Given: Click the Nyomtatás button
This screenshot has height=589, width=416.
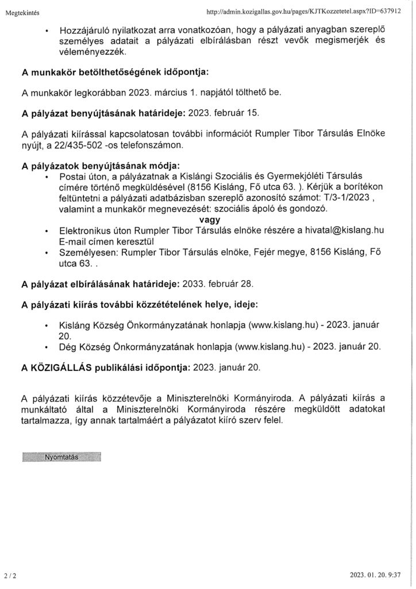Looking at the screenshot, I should tap(61, 457).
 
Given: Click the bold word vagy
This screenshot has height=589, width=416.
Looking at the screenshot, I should tap(210, 219).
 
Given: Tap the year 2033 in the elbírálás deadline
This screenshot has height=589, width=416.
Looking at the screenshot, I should tap(194, 284).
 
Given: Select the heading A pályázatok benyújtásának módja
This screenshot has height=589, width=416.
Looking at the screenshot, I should tap(101, 166).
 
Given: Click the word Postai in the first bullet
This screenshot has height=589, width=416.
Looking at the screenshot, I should tap(72, 176).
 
